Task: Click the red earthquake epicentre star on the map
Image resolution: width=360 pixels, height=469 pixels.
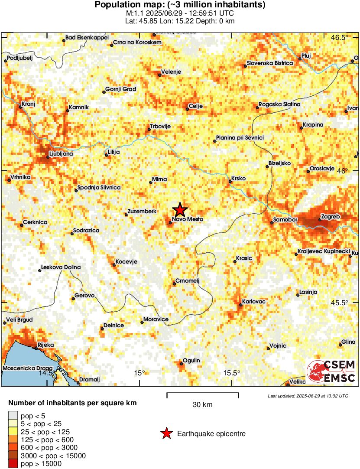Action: (180, 210)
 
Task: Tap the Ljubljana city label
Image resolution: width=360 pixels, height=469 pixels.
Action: (61, 153)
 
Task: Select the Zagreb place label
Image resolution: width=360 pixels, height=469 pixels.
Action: (331, 216)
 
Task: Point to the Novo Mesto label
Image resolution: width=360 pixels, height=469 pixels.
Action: (188, 219)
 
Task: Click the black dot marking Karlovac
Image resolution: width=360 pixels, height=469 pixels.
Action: (241, 305)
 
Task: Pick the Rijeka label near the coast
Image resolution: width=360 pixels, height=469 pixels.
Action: (45, 345)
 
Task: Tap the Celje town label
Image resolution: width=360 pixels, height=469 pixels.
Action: (196, 106)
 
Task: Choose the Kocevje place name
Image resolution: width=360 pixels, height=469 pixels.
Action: (125, 262)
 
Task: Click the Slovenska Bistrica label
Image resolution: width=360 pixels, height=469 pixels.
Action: (270, 63)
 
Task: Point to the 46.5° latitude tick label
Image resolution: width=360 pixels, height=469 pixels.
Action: (339, 37)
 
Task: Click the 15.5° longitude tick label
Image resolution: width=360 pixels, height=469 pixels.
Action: (232, 373)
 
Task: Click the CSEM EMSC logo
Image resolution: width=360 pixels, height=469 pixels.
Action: (331, 371)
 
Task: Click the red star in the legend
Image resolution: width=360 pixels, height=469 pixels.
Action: (166, 433)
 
